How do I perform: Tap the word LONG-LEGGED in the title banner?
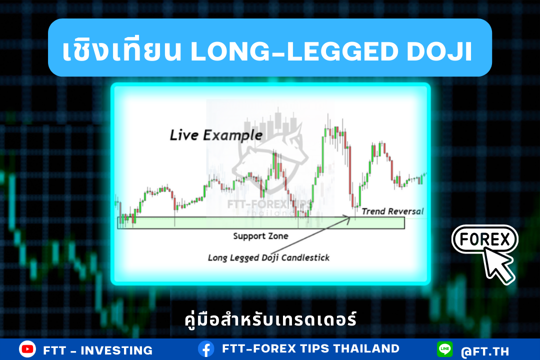pos(294,51)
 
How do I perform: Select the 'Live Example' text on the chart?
pos(216,135)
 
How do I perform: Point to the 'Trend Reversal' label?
pos(392,211)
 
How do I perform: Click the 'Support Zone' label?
pos(260,236)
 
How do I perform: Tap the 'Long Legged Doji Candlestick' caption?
pos(268,257)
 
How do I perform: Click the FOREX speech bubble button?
pos(484,239)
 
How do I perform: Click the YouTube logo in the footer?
pos(27,349)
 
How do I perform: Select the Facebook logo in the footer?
pos(206,349)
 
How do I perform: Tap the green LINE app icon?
pos(444,349)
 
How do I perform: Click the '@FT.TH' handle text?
pos(485,351)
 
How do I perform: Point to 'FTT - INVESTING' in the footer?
pos(98,350)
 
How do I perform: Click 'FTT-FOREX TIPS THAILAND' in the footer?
pos(310,348)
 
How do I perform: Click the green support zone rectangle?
pos(261,222)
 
